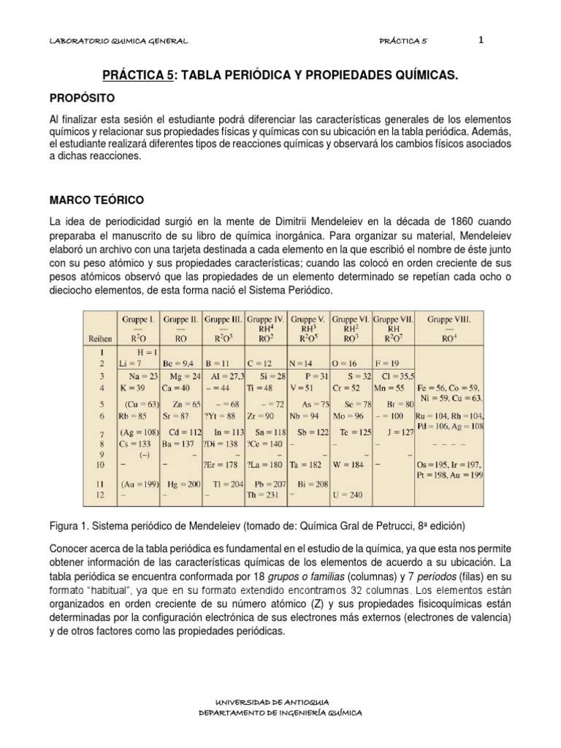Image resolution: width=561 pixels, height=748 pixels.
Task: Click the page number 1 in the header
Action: (x=481, y=41)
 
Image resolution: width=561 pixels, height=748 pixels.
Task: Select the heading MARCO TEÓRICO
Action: (x=96, y=199)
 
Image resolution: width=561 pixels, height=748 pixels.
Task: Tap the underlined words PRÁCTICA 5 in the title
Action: (x=138, y=75)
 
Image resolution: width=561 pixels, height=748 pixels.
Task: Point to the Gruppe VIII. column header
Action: (x=449, y=319)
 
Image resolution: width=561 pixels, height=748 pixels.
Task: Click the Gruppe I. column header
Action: (x=138, y=319)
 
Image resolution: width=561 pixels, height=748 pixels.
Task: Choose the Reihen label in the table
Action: (x=100, y=338)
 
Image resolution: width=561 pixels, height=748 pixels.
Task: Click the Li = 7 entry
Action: (x=130, y=362)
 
